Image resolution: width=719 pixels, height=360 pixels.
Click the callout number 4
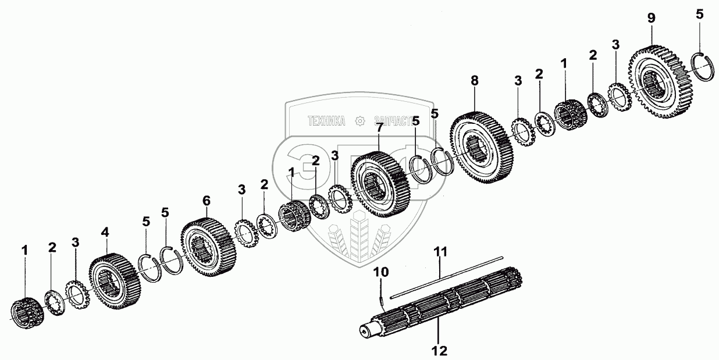tap(105, 232)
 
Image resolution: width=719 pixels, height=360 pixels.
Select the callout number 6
tap(206, 200)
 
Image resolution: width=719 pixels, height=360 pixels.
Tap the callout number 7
tap(379, 127)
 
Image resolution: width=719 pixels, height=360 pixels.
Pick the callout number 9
tap(651, 18)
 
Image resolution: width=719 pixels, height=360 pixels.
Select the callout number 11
tap(442, 252)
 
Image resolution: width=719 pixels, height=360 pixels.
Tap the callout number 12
tap(439, 351)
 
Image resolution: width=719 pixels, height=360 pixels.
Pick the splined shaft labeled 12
tap(442, 308)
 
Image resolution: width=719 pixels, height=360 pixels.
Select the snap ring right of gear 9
tap(703, 66)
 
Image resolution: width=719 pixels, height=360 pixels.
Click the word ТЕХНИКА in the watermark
tap(326, 121)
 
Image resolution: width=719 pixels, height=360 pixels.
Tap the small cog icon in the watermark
tap(360, 121)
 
